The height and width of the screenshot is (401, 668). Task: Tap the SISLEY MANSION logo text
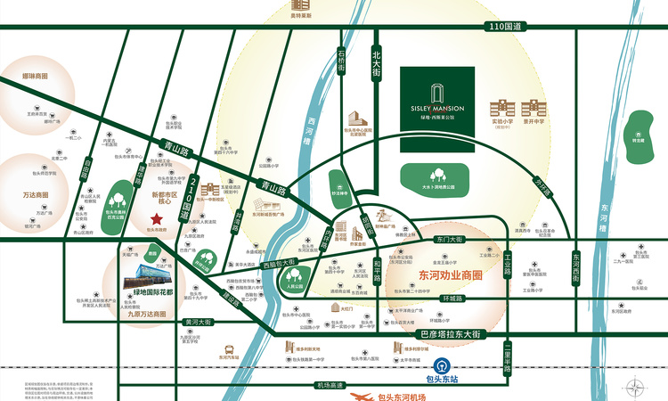tap(431, 108)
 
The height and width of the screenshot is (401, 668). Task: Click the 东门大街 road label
tap(451, 240)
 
